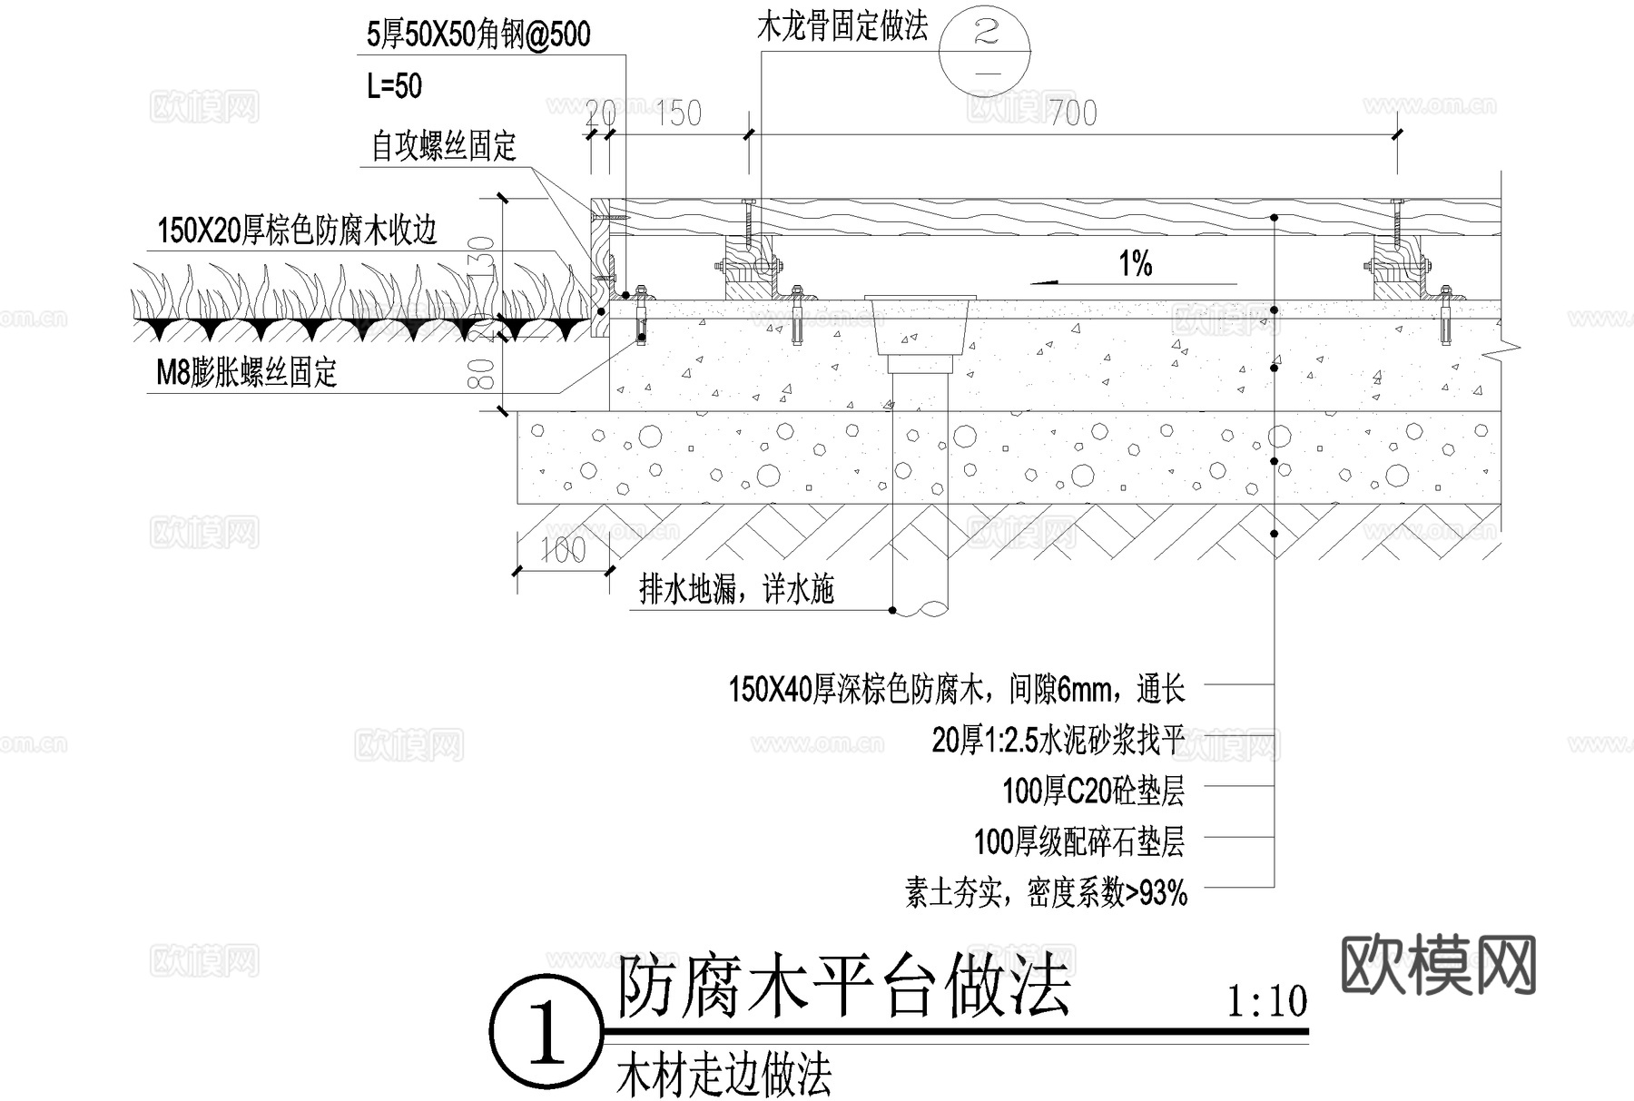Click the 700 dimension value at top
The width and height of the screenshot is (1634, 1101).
point(1073,113)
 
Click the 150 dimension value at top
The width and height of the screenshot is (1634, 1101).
point(679,113)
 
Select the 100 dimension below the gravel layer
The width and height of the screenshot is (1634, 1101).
point(563,550)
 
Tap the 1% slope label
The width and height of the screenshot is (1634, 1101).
point(1135,264)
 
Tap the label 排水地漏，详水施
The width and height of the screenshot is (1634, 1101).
point(736,590)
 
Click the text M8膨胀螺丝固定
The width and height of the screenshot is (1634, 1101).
point(247,372)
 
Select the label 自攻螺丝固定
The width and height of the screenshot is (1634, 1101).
point(444,145)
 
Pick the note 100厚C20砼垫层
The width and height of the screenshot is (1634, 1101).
point(1093,791)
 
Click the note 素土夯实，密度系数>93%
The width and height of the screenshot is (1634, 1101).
point(1046,893)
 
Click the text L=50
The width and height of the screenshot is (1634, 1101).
point(394,86)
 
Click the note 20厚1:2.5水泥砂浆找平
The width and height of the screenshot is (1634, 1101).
point(1058,741)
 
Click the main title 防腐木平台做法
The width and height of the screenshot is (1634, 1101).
point(844,988)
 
